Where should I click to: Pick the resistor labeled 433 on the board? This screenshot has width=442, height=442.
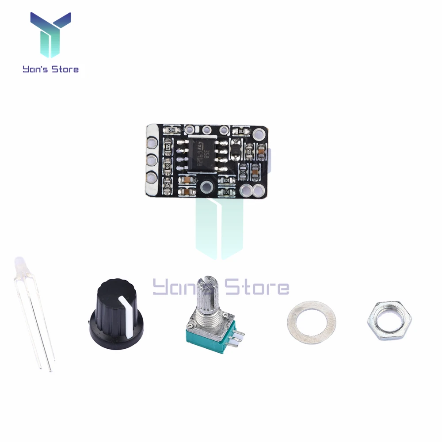(x=168, y=165)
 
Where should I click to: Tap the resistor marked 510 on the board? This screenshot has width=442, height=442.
(x=167, y=184)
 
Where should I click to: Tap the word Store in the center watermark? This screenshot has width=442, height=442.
(x=256, y=288)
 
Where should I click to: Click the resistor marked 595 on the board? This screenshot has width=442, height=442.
(x=168, y=148)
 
